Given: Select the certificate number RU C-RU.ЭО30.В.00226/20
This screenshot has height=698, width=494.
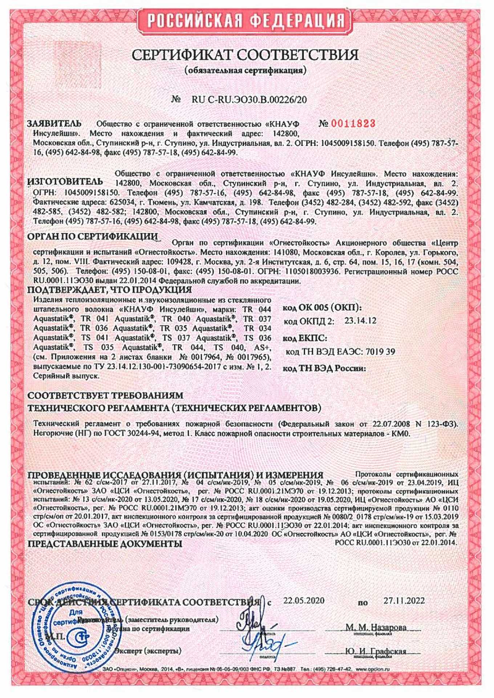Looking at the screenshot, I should (249, 99).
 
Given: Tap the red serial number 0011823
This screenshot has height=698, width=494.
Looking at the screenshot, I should (352, 124).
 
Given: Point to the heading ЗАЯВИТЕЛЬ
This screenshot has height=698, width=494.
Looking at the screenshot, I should (54, 124).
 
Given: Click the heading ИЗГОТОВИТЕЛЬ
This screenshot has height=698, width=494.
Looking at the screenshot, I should (65, 181).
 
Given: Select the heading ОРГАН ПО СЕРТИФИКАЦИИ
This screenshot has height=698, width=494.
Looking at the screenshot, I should (93, 237).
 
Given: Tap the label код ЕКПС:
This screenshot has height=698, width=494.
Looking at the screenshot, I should (305, 338).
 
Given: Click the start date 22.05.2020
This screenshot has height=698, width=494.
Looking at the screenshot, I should (304, 600).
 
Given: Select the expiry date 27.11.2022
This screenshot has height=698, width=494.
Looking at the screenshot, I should (404, 600).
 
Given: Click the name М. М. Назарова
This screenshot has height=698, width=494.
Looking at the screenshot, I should (376, 627).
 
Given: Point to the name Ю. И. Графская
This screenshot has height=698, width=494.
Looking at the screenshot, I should (376, 651).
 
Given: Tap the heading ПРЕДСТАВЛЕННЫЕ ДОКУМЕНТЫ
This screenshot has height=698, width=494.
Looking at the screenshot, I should (105, 544).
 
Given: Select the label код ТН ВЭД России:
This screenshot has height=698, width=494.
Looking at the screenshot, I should (324, 368).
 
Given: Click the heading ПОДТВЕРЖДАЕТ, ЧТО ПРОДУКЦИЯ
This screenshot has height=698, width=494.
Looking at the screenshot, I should (110, 290).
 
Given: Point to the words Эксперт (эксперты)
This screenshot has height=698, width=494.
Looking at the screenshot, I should (148, 651).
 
